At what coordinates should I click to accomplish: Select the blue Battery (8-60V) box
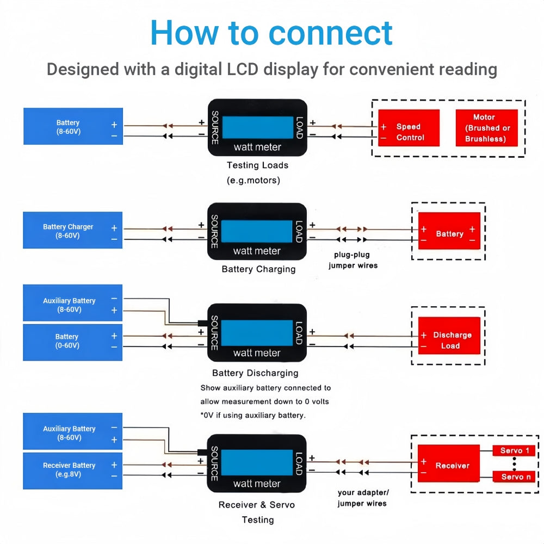[73, 126]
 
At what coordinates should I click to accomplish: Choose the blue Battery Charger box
[72, 231]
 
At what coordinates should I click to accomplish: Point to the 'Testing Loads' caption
[257, 165]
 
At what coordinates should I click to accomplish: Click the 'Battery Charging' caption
[258, 269]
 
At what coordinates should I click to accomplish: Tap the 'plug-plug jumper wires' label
[353, 260]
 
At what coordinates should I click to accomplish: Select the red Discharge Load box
[449, 341]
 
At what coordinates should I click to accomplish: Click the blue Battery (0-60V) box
[72, 342]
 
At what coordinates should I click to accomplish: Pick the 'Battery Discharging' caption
[255, 373]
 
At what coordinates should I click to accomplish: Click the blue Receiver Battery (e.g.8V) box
[72, 470]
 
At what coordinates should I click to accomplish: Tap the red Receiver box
[448, 466]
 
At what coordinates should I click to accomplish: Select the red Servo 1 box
[514, 451]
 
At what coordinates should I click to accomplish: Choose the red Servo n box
[514, 477]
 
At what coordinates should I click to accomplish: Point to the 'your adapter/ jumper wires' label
[363, 498]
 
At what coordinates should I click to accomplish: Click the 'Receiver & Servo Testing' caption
[257, 512]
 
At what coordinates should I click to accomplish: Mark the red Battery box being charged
[449, 234]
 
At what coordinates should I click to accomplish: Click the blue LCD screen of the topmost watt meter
[257, 127]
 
